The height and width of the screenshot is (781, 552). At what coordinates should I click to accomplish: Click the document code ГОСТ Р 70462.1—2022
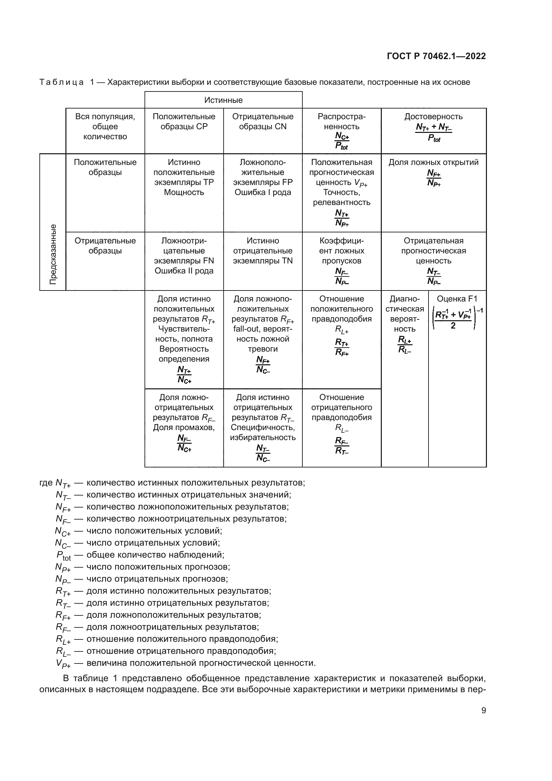[436, 56]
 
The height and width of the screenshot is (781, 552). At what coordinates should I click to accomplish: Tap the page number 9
[483, 711]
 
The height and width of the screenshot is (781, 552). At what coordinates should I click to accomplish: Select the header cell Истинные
[223, 100]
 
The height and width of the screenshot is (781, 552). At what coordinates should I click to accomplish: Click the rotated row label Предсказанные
[53, 254]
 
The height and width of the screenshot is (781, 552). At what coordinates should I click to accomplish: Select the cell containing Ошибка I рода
[263, 192]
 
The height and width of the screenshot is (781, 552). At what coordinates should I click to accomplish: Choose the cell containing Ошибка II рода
[184, 271]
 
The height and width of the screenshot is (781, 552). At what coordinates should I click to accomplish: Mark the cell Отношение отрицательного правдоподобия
[342, 423]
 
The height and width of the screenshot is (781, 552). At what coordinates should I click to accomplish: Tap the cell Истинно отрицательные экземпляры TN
[263, 251]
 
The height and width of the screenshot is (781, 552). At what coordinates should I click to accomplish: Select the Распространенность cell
[342, 131]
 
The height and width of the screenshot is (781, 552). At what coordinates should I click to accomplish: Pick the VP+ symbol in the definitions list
[63, 663]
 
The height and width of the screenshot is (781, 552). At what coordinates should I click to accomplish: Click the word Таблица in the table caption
[61, 82]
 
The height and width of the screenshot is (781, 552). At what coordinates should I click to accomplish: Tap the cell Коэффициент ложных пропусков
[342, 260]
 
